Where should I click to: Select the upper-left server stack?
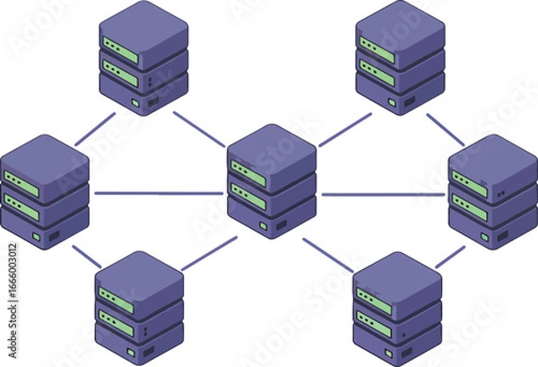click(143, 57)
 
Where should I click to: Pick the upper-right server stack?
click(400, 57)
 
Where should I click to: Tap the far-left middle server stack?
click(45, 192)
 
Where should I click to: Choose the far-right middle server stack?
click(492, 192)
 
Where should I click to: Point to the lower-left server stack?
click(139, 309)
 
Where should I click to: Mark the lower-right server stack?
click(397, 310)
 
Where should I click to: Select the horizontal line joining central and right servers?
click(384, 194)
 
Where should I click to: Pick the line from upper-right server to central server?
click(344, 130)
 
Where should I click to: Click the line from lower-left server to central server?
click(209, 253)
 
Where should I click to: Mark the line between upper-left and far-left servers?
click(95, 129)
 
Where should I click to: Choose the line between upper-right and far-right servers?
click(445, 128)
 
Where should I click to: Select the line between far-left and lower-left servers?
click(86, 256)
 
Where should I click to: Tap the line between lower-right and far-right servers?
click(450, 257)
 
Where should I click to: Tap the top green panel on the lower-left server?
click(117, 297)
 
